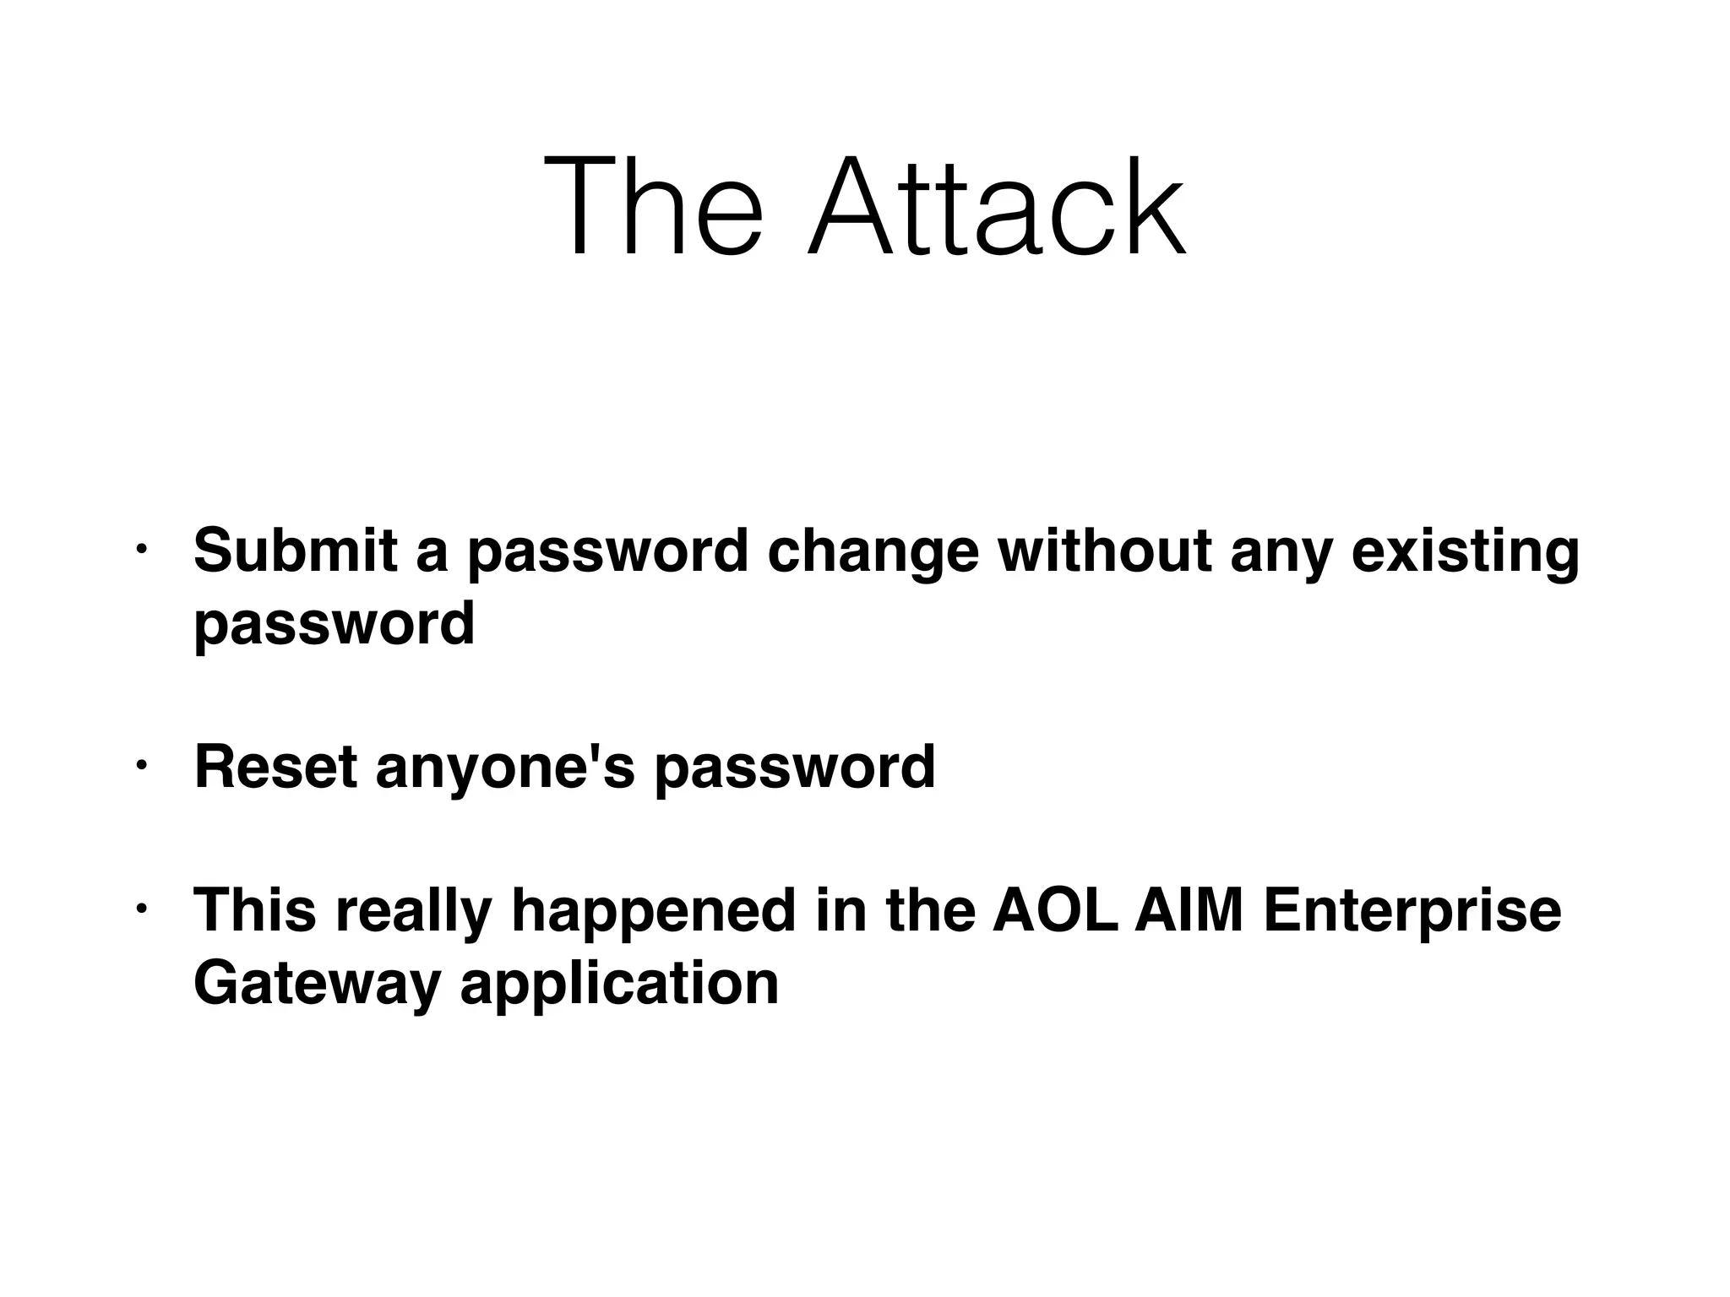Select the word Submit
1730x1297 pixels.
click(x=295, y=551)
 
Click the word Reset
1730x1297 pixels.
click(x=275, y=767)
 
